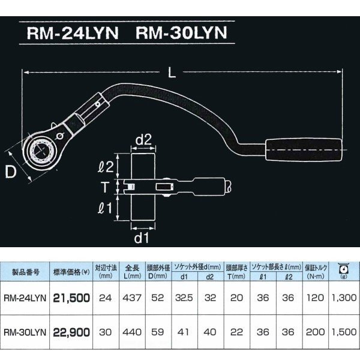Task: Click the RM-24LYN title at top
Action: tap(73, 33)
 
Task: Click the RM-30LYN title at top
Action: tap(181, 33)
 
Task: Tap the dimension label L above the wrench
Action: tap(172, 73)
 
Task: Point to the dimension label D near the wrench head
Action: tap(11, 172)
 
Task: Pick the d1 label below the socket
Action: tap(142, 238)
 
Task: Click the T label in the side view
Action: tap(104, 187)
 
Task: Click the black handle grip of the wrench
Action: tap(304, 149)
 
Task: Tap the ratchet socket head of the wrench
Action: tap(41, 150)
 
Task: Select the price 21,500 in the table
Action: tap(71, 298)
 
